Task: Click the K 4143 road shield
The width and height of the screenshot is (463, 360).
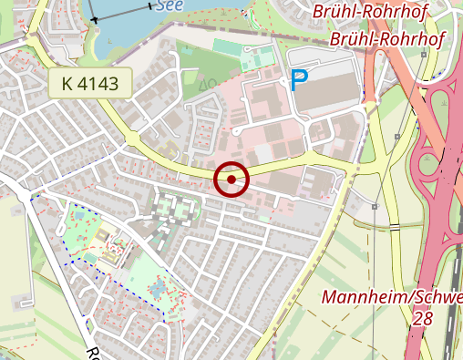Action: [90, 84]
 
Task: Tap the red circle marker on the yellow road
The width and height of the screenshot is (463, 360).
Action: [232, 179]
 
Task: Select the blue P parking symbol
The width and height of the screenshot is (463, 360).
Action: [298, 81]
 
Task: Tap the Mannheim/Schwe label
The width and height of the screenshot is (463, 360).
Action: [392, 298]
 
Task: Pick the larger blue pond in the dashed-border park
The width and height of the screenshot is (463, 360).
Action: [158, 291]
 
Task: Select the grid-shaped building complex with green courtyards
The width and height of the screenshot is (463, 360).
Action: [174, 209]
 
